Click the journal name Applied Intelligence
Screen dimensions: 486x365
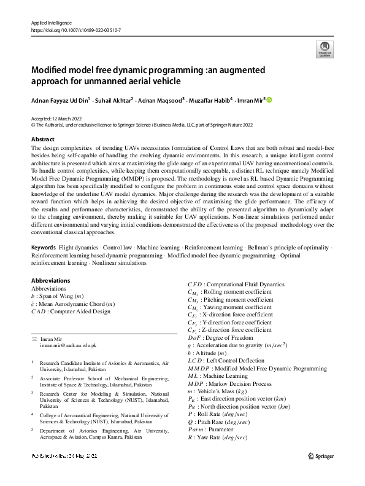[51, 23]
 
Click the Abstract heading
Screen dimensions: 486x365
[43, 139]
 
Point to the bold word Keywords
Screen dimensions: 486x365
[43, 264]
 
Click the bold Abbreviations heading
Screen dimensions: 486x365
[50, 281]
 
